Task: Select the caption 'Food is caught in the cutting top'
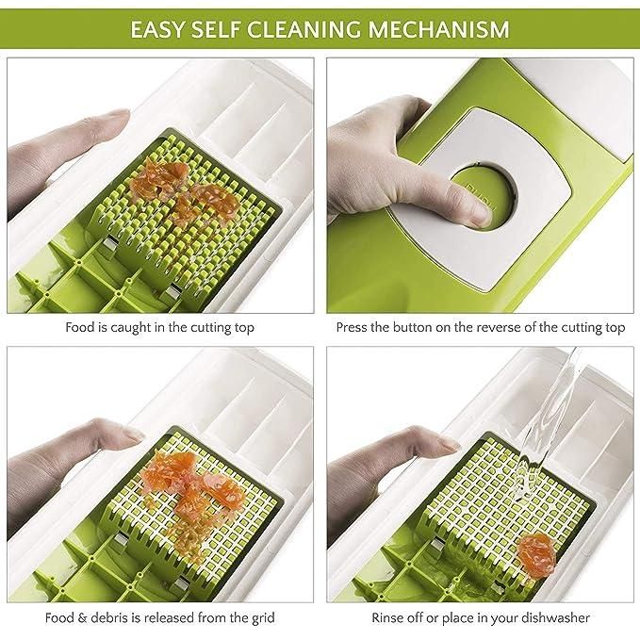[x=159, y=328]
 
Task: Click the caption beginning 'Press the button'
[x=480, y=328]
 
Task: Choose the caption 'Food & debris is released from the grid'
[x=159, y=617]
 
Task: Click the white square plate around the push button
[x=528, y=160]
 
